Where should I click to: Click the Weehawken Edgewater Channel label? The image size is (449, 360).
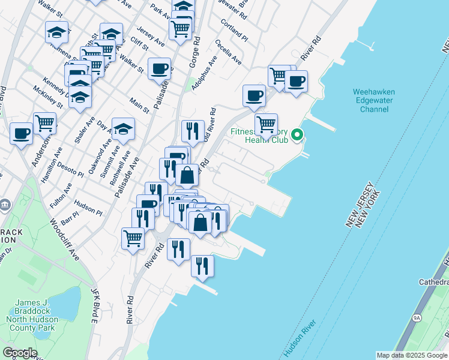tap(374, 100)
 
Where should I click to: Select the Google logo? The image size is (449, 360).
tap(20, 353)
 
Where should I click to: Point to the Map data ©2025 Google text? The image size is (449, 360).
tap(412, 355)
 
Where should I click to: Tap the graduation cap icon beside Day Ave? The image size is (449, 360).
tap(123, 128)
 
